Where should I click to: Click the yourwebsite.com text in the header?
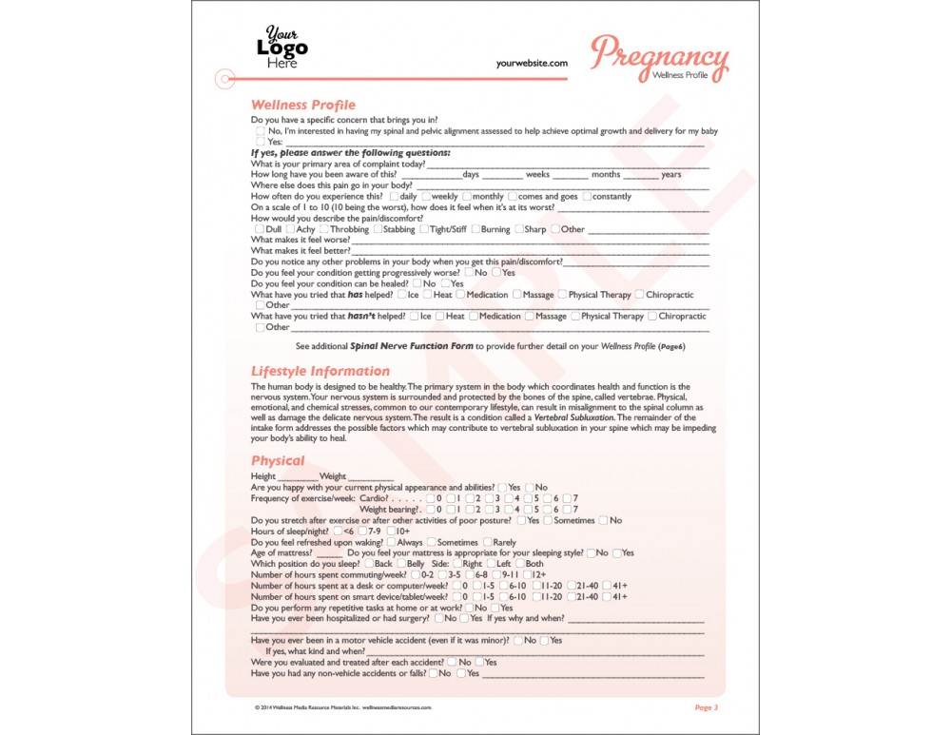532,63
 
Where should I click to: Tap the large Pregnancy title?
659,55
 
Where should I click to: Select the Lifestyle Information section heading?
320,371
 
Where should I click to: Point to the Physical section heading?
278,461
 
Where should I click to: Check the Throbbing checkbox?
324,229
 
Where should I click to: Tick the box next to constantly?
587,197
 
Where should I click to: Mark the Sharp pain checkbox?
518,229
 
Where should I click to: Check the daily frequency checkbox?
395,197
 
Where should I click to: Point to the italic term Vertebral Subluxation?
574,417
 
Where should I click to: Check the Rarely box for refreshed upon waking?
487,542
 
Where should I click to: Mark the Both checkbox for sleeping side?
519,564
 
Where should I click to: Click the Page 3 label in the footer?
706,707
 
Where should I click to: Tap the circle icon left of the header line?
224,78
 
